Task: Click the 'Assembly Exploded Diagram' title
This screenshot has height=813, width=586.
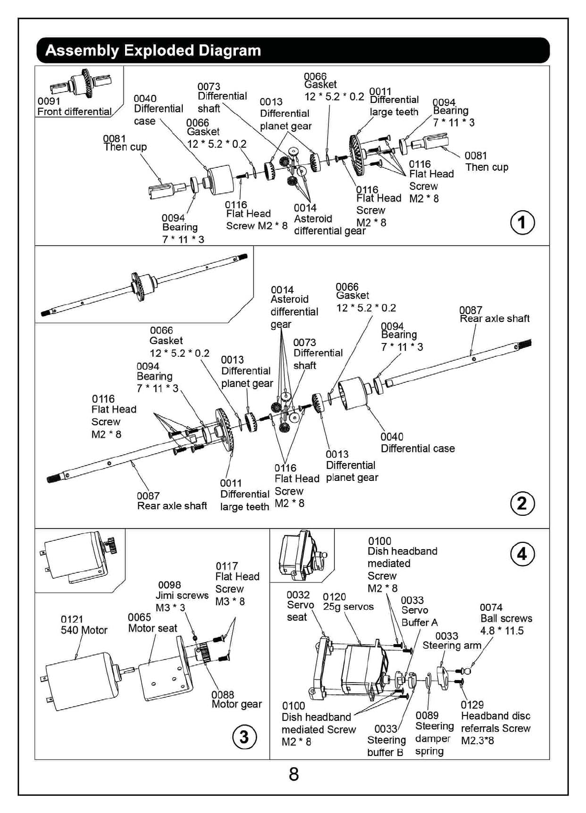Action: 153,51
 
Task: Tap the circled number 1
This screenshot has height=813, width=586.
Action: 521,223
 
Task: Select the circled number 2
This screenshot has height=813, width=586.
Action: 521,503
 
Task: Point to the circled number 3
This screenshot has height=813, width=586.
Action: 244,737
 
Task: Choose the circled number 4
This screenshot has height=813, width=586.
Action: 521,554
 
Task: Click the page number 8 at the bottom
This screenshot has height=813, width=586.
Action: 293,775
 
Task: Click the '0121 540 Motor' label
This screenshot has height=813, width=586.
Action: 84,625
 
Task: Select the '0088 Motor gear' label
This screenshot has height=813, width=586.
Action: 236,699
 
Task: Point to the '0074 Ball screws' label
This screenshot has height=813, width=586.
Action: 506,619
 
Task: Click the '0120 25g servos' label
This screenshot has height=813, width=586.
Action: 348,602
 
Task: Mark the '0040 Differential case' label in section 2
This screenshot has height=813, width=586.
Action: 417,443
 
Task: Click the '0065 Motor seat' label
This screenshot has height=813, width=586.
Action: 152,623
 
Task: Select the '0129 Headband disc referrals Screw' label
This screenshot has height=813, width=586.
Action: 495,722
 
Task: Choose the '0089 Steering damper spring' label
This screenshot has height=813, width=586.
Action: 433,733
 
